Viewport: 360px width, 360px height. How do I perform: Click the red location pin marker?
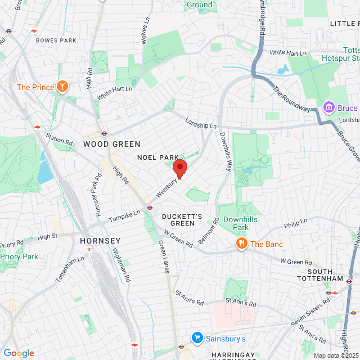pos(179,168)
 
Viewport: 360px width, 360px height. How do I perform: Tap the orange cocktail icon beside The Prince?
pos(62,87)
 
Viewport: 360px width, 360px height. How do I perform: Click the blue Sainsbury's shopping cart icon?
pos(197,338)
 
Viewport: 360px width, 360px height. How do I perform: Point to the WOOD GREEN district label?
pos(112,144)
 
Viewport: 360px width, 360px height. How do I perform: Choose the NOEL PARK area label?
pos(158,157)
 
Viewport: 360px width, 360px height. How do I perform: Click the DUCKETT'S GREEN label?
pos(178,219)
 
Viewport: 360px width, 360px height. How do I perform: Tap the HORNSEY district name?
pos(100,240)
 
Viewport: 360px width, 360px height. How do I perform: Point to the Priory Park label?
pos(19,256)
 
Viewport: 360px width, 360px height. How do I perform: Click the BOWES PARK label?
pos(56,40)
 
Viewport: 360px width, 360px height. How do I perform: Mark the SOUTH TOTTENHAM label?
pos(325,275)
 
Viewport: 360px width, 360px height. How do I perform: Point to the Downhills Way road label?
pos(226,151)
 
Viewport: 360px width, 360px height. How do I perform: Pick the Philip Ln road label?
pos(295,226)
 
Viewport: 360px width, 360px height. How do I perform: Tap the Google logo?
pos(19,353)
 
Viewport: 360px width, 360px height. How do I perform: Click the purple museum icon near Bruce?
pos(328,107)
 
